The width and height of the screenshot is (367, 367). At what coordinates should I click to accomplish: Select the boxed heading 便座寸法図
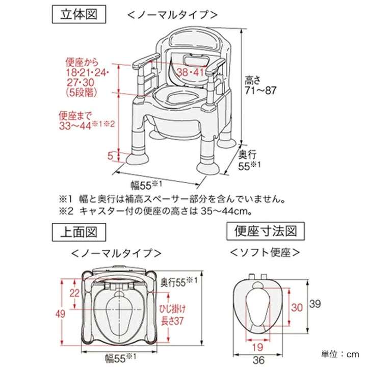click(x=265, y=232)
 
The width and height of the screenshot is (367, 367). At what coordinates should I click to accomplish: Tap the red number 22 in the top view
click(x=75, y=292)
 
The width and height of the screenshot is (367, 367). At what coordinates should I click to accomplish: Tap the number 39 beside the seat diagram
click(x=316, y=304)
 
